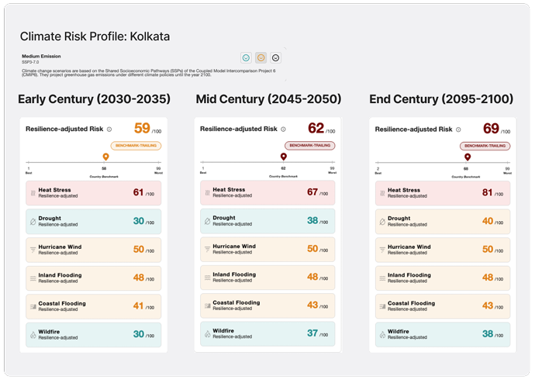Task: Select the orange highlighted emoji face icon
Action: coord(261,57)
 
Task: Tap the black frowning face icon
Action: coord(276,57)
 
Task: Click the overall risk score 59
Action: coord(142,129)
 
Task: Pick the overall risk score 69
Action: coord(492,129)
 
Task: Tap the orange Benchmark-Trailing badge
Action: coord(136,145)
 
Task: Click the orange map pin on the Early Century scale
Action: coord(105,157)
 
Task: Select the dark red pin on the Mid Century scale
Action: coord(282,157)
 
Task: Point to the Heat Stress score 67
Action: coord(313,193)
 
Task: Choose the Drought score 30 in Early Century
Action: coord(138,221)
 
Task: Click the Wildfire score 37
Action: coord(313,333)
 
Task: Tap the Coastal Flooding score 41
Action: coord(138,305)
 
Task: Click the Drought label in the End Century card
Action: coord(399,219)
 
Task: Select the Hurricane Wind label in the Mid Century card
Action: coord(235,247)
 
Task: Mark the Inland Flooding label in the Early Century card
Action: coord(60,274)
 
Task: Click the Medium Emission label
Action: coord(41,56)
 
